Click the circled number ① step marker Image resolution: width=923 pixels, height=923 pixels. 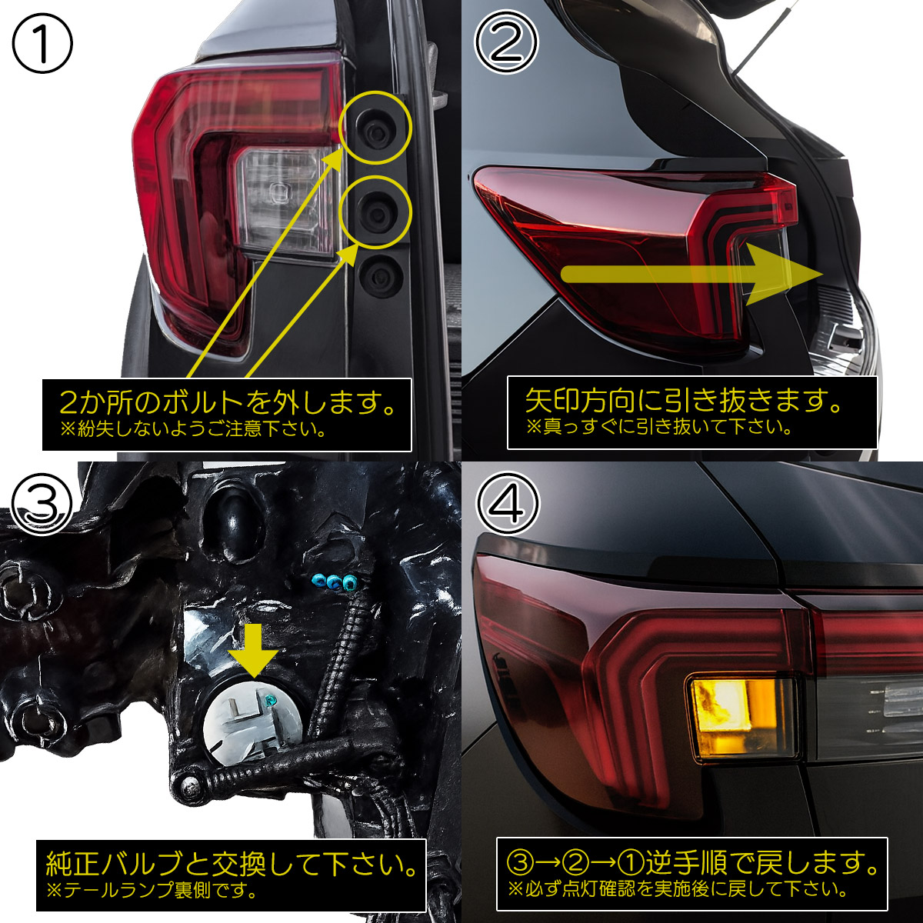42,42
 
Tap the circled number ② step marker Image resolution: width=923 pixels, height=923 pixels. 507,42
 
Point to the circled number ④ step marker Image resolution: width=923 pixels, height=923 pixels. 508,503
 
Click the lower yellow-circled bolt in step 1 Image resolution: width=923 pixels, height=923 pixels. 375,212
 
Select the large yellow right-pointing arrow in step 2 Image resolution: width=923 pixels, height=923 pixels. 691,275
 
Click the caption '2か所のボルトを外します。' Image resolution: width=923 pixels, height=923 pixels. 228,403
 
